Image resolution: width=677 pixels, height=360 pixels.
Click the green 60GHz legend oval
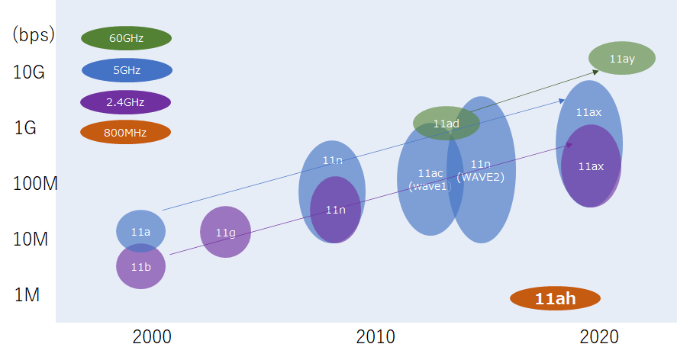pos(126,38)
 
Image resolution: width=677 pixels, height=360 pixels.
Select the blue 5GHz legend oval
pos(127,70)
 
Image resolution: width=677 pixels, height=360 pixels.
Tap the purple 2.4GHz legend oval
pos(125,101)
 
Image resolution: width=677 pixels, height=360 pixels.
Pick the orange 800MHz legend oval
pos(125,132)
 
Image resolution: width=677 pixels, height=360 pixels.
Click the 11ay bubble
pos(622,59)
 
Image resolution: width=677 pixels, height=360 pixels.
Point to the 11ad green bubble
pos(446,123)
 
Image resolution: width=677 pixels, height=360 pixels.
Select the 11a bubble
pos(140,230)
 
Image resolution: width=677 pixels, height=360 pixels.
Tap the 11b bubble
pos(140,267)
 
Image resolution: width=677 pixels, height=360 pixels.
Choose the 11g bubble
pos(225,232)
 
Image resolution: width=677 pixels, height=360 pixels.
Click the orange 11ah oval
pos(555,298)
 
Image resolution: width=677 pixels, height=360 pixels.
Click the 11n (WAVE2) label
pos(481,170)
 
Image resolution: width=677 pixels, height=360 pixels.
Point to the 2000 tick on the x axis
pos(152,337)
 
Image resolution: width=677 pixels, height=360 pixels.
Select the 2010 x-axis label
pos(376,337)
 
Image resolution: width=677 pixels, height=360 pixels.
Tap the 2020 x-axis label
pos(599,337)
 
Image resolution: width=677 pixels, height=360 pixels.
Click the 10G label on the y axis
pos(29,72)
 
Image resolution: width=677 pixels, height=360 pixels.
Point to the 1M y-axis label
pos(27,294)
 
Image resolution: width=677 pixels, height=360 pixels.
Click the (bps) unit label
pos(33,35)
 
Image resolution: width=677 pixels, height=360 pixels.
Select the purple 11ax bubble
pos(591,166)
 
